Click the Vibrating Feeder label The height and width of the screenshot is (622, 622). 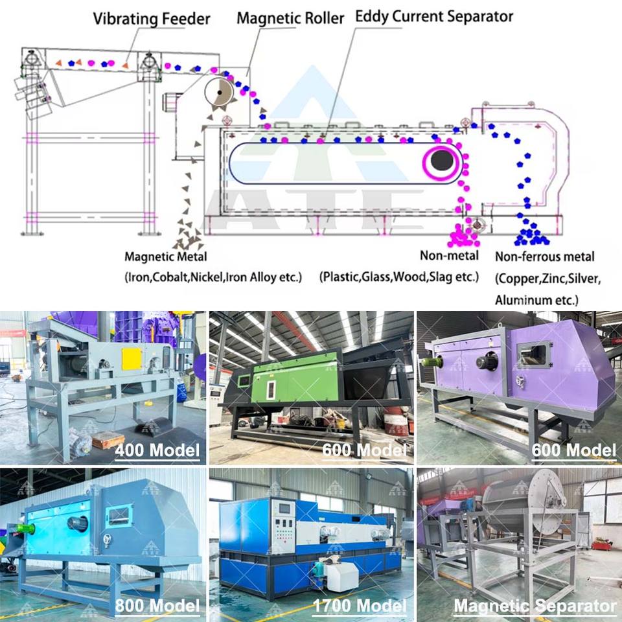152,19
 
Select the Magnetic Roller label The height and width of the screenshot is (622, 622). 290,18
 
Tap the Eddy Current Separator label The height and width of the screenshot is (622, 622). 434,17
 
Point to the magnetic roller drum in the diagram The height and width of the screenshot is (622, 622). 219,93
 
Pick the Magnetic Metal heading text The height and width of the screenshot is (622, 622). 166,257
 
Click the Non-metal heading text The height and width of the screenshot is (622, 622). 450,255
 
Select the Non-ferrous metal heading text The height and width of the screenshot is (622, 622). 545,257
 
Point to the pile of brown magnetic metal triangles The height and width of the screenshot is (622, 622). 188,237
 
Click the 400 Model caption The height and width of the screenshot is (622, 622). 157,451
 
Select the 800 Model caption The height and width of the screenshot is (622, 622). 157,606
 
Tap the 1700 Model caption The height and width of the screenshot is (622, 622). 360,606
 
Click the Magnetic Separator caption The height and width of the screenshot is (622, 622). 535,606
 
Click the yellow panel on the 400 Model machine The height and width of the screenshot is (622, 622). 132,359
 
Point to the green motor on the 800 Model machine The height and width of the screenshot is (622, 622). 25,529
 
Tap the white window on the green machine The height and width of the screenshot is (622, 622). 271,389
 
